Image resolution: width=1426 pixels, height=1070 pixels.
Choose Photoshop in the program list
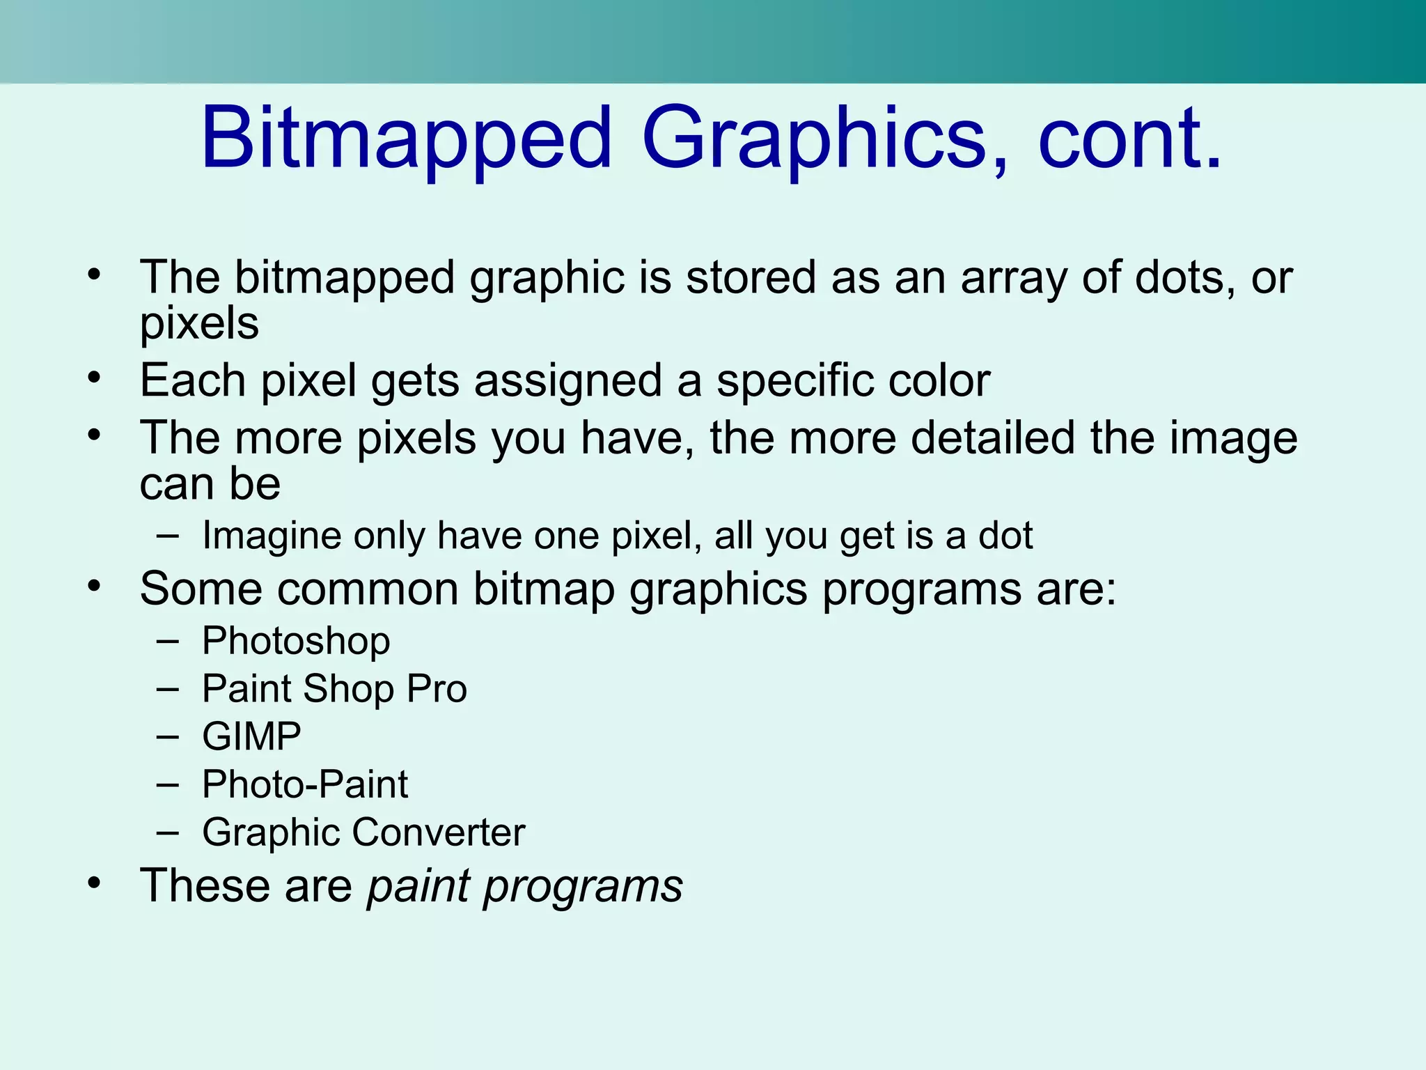[296, 642]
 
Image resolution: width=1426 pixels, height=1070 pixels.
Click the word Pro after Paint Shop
[437, 689]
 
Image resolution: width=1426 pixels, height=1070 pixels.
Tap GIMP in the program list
[251, 736]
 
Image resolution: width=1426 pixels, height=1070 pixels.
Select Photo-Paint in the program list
[305, 784]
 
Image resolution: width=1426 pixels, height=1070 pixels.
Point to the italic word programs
[583, 887]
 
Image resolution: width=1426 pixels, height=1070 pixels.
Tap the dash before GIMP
[168, 736]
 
